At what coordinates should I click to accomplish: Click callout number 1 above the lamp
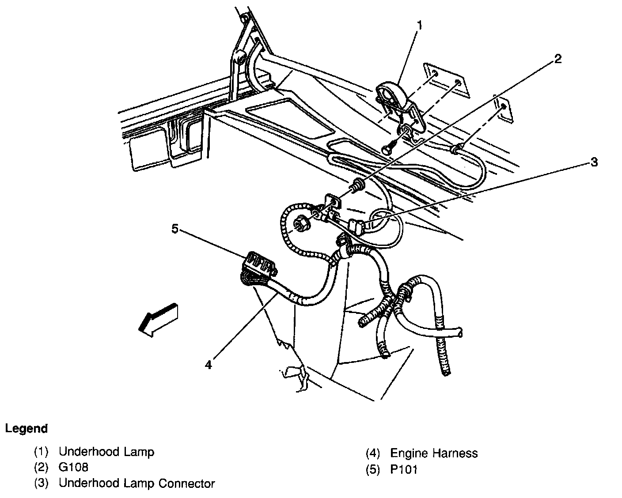pyautogui.click(x=419, y=26)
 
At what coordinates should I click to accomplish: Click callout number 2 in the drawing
pyautogui.click(x=558, y=59)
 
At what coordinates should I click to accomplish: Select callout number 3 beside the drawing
pyautogui.click(x=594, y=162)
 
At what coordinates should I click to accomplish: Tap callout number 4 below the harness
pyautogui.click(x=208, y=365)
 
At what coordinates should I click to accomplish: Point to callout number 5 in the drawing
pyautogui.click(x=175, y=229)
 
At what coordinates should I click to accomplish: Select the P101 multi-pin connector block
pyautogui.click(x=259, y=267)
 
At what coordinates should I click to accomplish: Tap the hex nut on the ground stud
pyautogui.click(x=302, y=224)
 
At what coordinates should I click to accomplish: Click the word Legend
pyautogui.click(x=27, y=428)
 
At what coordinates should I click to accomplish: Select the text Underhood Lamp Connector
pyautogui.click(x=137, y=483)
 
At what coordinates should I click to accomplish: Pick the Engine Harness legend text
pyautogui.click(x=434, y=453)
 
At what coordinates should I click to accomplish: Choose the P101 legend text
pyautogui.click(x=404, y=469)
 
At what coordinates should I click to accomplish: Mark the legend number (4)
pyautogui.click(x=372, y=453)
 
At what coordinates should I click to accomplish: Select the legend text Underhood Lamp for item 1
pyautogui.click(x=106, y=452)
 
